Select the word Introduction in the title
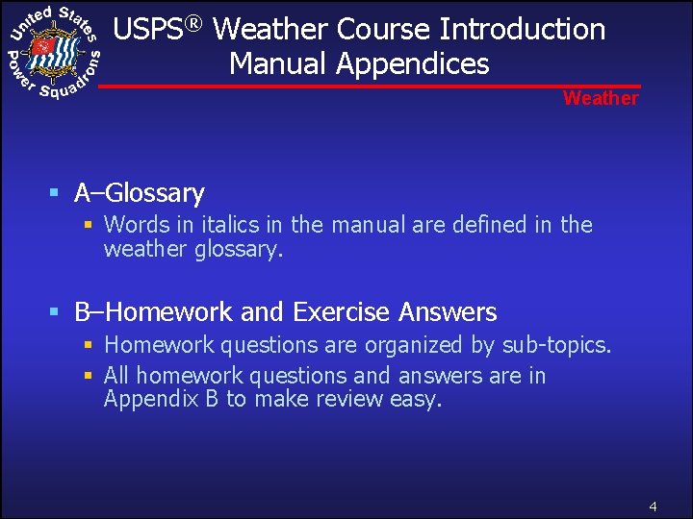click(523, 30)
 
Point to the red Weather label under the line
click(601, 98)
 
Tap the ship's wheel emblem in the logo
click(50, 48)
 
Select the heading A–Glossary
click(140, 193)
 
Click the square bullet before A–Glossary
click(56, 193)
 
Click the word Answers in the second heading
click(448, 312)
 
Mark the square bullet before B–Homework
click(56, 312)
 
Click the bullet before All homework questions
click(88, 376)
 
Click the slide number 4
click(653, 506)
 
